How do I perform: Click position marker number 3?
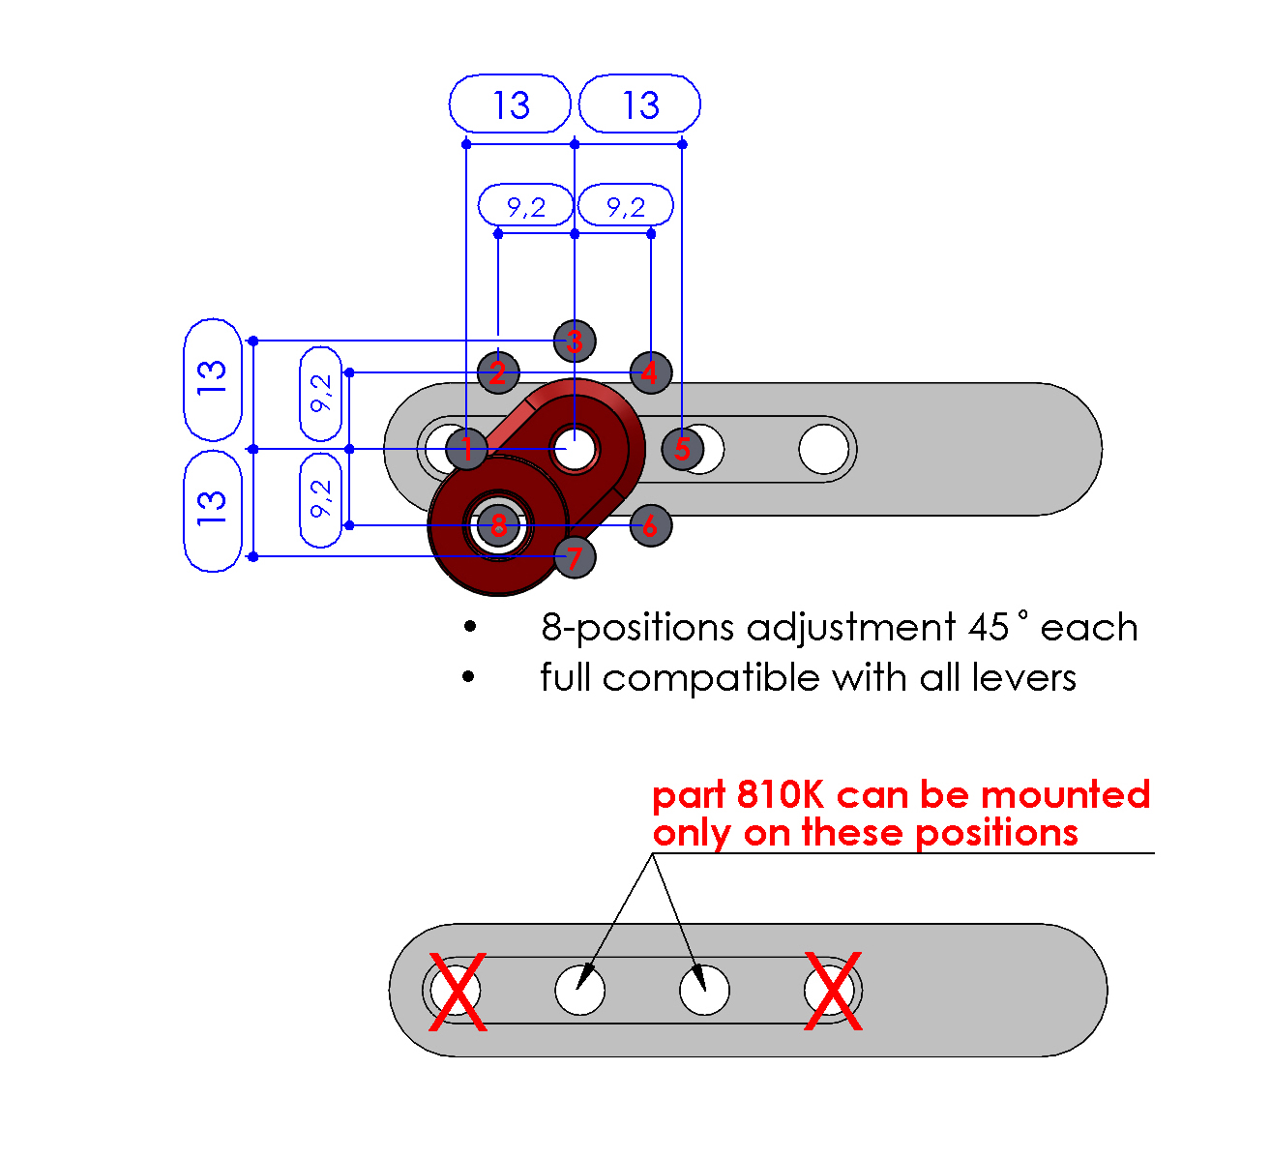[x=575, y=341]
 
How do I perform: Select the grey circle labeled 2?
[x=498, y=372]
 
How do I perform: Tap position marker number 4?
[x=650, y=372]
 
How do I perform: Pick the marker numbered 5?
[x=683, y=449]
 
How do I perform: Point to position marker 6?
[x=650, y=525]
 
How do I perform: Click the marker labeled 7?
[x=575, y=557]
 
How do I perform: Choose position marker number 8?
[x=498, y=525]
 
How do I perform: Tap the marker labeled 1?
[x=467, y=449]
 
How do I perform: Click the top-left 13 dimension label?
[x=511, y=104]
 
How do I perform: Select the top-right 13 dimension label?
[x=639, y=104]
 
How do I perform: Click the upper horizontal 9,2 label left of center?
[x=525, y=206]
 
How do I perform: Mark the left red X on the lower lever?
[x=457, y=992]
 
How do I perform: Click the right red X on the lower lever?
[x=833, y=992]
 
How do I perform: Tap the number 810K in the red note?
[x=781, y=795]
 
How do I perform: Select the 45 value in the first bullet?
[x=988, y=628]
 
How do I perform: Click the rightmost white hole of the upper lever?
[x=824, y=449]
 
